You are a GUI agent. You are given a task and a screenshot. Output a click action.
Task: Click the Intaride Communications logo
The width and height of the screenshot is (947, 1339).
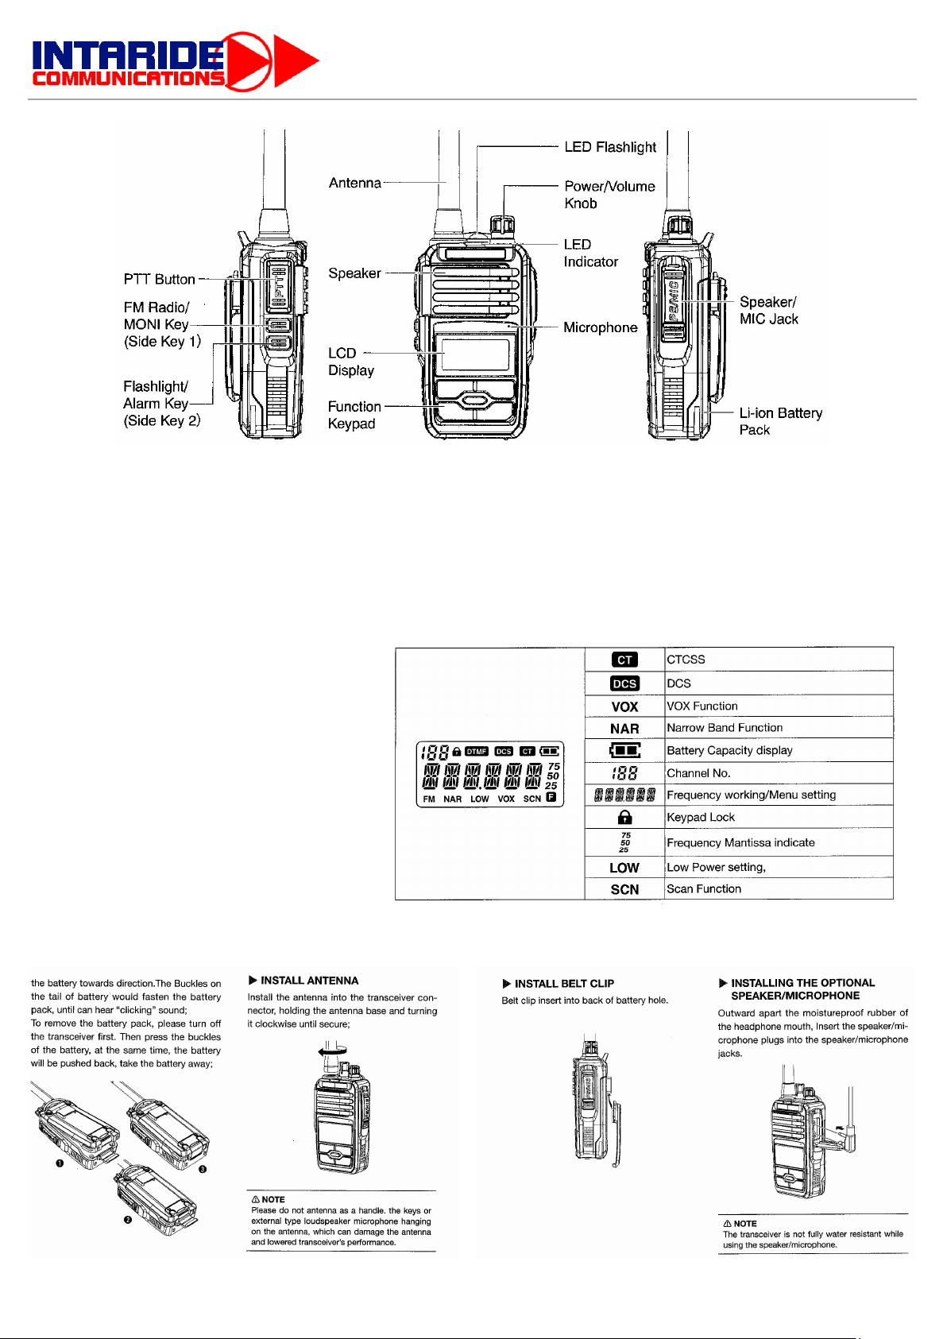point(175,61)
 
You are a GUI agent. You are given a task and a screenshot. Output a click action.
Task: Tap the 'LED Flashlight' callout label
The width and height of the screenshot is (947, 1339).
point(610,147)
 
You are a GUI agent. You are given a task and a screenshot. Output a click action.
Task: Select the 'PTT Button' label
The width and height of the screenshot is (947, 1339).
point(159,279)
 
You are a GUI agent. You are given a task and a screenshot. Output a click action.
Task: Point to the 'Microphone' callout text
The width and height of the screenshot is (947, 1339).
point(600,327)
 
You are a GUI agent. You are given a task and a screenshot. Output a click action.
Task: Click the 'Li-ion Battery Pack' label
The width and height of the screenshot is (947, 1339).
point(780,421)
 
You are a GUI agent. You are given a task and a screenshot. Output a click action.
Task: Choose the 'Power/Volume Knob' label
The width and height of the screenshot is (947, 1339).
point(609,195)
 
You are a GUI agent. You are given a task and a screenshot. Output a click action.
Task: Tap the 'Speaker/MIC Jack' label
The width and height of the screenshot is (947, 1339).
point(768,310)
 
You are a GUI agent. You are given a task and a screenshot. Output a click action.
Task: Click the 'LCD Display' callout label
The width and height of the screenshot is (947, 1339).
point(350,362)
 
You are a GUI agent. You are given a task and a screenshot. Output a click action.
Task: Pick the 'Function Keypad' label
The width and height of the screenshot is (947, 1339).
point(354,415)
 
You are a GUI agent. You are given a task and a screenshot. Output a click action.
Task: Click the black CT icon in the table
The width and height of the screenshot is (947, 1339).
point(624,660)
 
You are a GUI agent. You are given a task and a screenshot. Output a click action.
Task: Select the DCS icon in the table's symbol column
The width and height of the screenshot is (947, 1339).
point(624,683)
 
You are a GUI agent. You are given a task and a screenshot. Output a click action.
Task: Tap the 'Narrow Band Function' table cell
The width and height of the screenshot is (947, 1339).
point(725,728)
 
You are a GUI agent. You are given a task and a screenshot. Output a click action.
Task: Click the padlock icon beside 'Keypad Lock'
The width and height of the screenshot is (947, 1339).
point(624,817)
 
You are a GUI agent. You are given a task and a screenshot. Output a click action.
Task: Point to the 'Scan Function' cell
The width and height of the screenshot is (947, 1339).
point(704,889)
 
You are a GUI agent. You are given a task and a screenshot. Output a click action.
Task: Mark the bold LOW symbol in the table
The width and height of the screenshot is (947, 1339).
point(624,868)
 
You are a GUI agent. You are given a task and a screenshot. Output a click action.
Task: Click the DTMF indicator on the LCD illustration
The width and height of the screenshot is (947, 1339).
point(477,751)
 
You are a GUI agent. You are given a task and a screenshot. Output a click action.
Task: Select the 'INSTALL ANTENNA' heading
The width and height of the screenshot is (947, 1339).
point(309,981)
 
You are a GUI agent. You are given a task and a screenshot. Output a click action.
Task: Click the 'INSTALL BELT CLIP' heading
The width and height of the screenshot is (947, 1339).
point(564,984)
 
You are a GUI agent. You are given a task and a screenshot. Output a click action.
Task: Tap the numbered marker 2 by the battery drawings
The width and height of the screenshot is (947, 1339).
point(127,1221)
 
